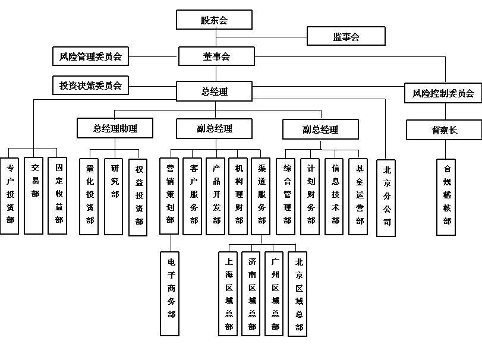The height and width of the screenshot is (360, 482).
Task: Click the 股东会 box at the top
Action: (x=214, y=20)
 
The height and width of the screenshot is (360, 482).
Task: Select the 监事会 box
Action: (x=346, y=37)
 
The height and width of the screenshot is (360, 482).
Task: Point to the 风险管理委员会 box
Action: (x=90, y=57)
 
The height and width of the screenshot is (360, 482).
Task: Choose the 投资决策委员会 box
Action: (x=90, y=86)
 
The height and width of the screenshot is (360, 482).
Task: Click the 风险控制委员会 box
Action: (x=443, y=93)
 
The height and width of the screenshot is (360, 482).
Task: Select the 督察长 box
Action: (x=444, y=130)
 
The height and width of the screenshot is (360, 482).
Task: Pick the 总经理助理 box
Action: (x=115, y=128)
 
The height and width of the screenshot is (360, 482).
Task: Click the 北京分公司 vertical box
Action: (x=387, y=196)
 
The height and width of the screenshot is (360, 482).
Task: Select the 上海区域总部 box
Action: (x=229, y=294)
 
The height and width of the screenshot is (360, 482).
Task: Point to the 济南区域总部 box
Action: (x=252, y=294)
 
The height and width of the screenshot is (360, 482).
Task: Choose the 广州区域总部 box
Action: (x=275, y=294)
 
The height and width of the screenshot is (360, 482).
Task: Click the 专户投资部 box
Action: (x=10, y=195)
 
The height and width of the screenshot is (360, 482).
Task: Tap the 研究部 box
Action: (x=114, y=195)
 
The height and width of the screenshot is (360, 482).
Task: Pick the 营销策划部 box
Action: (x=171, y=195)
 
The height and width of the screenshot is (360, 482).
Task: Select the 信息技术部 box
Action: (x=335, y=195)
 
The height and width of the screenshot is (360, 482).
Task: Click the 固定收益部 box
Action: (x=58, y=195)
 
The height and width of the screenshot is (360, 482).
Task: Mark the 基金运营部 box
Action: (x=358, y=195)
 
